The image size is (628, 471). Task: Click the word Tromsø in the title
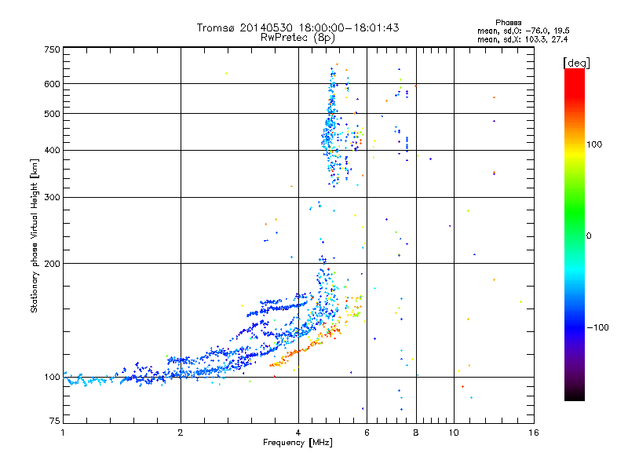[x=215, y=27]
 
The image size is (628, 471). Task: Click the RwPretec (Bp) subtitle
[x=298, y=37]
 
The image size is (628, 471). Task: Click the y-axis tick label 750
[x=53, y=49]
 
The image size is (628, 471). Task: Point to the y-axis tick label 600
[x=53, y=84]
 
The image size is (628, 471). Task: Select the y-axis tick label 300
[x=53, y=198]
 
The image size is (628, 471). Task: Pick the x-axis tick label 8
[x=416, y=433]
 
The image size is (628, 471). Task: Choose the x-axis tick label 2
[x=181, y=433]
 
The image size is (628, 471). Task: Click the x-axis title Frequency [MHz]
[x=298, y=443]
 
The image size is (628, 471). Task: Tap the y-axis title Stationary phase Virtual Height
[x=35, y=235]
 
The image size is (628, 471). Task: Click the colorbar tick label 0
[x=590, y=235]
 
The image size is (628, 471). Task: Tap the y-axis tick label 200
[x=53, y=264]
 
